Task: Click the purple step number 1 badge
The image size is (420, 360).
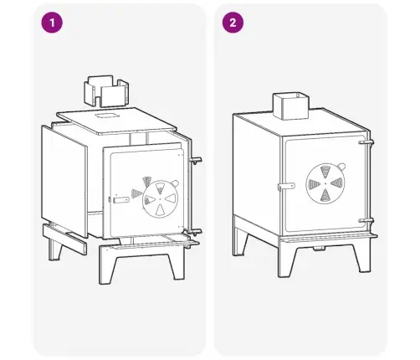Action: [x=52, y=23]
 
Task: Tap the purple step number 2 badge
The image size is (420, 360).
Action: [x=233, y=23]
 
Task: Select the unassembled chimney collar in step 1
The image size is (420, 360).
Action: [x=106, y=91]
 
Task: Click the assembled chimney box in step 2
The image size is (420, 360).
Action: [x=290, y=106]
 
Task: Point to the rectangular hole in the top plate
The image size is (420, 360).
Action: [x=105, y=116]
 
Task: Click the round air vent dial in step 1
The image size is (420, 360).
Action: [x=160, y=199]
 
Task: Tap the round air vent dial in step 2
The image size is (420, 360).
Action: [x=325, y=183]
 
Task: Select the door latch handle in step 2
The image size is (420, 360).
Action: [x=286, y=186]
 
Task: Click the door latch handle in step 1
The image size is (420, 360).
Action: [x=120, y=200]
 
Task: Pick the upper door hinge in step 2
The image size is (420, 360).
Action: [x=366, y=142]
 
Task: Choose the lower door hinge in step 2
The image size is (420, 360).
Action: [x=366, y=220]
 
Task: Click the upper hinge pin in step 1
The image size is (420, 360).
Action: [x=196, y=161]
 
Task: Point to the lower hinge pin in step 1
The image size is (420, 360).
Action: [x=195, y=232]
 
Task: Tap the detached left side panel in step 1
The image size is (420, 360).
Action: [x=64, y=181]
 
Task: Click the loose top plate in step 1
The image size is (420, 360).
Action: [x=116, y=121]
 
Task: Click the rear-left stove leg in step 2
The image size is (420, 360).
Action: [x=240, y=240]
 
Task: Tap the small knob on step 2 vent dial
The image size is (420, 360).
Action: [x=341, y=167]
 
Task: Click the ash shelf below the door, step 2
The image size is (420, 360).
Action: [x=329, y=237]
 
